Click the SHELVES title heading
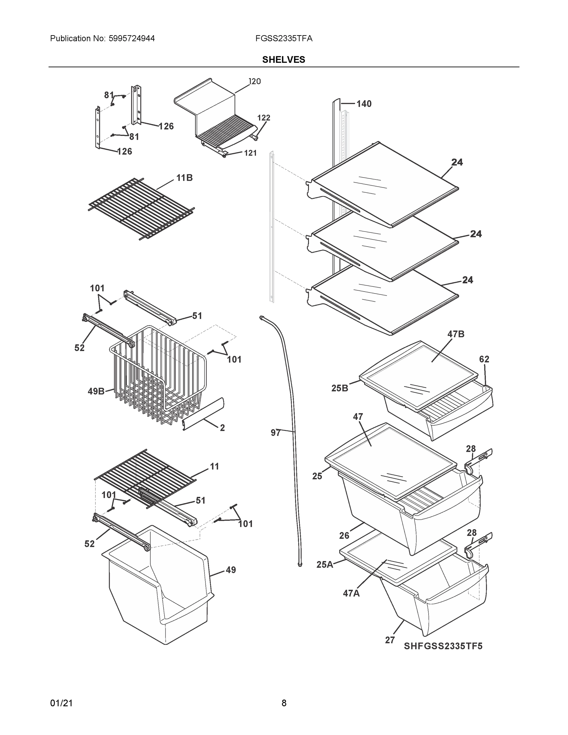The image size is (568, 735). (x=283, y=60)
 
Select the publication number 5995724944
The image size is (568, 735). (x=132, y=38)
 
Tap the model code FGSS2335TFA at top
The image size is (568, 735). (x=284, y=38)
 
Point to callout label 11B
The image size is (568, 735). (x=184, y=178)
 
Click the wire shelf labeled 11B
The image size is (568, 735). (x=141, y=209)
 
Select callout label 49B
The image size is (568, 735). (x=96, y=391)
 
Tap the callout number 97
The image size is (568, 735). (x=275, y=433)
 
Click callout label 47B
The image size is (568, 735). (x=456, y=334)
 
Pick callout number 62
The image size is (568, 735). (x=484, y=359)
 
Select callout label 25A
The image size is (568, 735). (x=324, y=564)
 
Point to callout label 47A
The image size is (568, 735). (x=351, y=593)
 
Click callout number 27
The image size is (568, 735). (x=390, y=640)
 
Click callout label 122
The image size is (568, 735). (x=263, y=118)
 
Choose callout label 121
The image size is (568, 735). (x=250, y=153)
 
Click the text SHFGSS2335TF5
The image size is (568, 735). (x=443, y=646)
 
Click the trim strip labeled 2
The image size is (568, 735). (x=204, y=414)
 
